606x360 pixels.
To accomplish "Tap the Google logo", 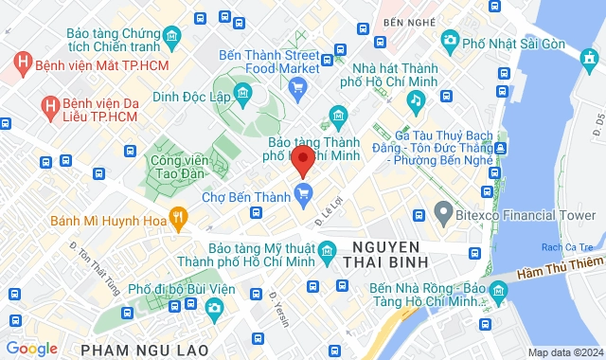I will pos(32,349).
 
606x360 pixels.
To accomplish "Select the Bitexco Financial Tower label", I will pos(526,215).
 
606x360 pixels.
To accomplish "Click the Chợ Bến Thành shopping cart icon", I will pos(303,197).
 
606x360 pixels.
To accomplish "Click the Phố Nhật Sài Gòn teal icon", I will pos(450,40).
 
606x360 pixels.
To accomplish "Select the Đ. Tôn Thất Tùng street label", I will pos(83,256).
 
